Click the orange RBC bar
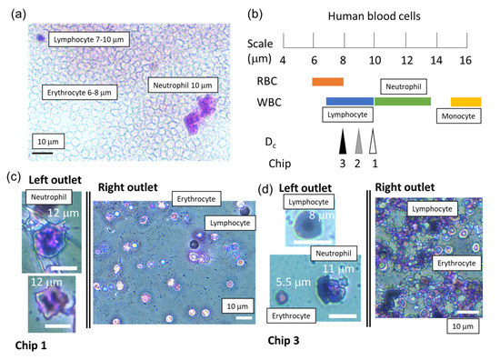327,82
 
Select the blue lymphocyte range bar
349,101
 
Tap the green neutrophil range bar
402,101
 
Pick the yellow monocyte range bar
465,101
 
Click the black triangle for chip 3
343,141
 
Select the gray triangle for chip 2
358,141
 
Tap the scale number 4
284,60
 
